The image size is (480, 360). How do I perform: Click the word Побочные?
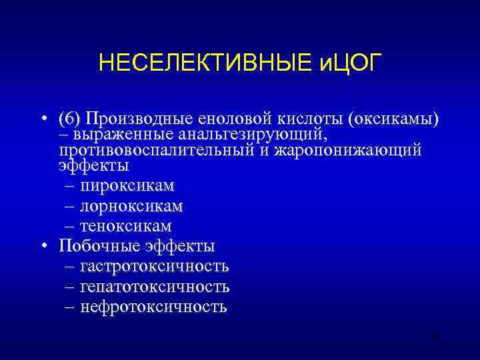click(97, 246)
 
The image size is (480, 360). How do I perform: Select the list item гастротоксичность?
click(154, 267)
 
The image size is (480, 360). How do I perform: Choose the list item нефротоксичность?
click(153, 307)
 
